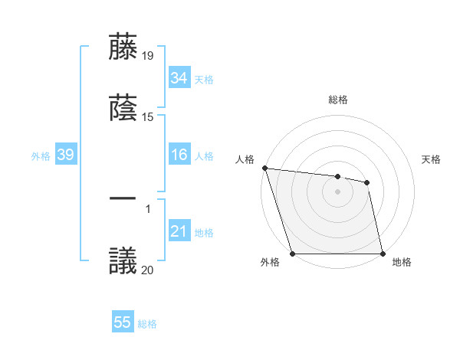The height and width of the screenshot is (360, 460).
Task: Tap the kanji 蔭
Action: point(123,108)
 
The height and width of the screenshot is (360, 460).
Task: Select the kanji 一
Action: point(123,198)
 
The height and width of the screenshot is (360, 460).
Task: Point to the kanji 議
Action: point(123,260)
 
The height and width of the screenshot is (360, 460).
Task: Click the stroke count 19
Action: point(149,55)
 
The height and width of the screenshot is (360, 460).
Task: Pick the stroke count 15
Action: point(149,117)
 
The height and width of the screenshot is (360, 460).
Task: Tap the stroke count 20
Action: point(149,270)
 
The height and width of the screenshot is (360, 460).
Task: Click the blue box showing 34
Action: point(179,78)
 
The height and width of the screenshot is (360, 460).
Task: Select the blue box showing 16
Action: point(179,155)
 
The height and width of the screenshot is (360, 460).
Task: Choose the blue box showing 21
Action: point(179,232)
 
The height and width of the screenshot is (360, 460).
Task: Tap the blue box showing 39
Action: point(65,155)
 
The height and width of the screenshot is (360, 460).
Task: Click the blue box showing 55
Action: point(123,322)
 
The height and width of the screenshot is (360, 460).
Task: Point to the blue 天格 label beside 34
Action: point(204,79)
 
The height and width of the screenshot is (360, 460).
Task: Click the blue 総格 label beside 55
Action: point(147,323)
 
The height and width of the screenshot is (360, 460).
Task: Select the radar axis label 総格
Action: point(338,100)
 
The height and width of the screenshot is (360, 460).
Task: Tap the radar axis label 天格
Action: point(432,159)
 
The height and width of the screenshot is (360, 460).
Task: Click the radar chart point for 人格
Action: point(264,168)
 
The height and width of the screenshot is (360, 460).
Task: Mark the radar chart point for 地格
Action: point(383,254)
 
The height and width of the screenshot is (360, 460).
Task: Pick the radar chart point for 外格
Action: point(293,254)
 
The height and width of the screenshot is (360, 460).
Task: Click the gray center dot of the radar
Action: point(338,191)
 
